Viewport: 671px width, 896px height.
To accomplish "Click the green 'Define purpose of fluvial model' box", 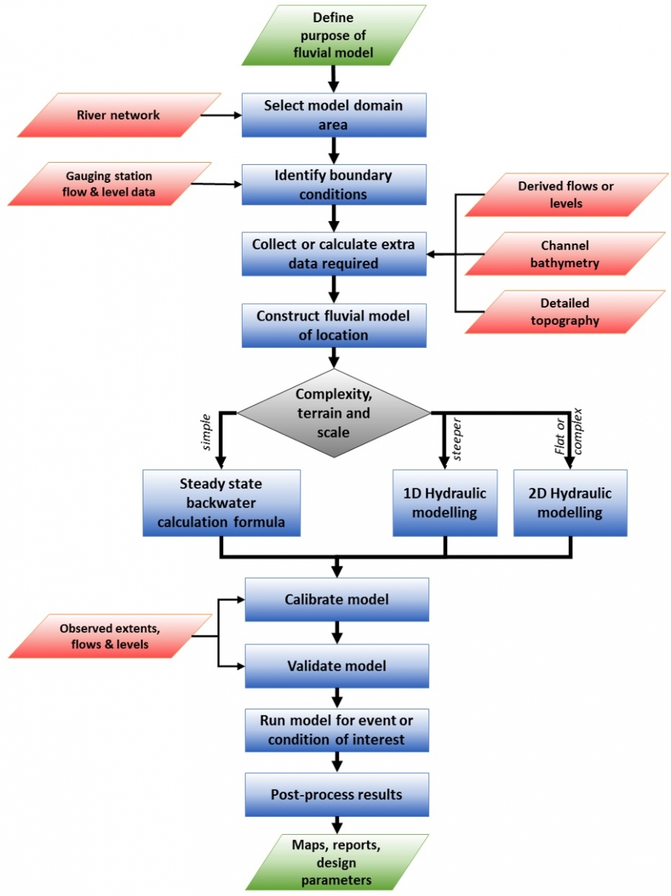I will (334, 35).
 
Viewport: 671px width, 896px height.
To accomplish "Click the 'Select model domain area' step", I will (334, 115).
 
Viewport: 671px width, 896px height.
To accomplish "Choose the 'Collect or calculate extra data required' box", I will (334, 254).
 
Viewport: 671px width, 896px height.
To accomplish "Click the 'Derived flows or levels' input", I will (565, 194).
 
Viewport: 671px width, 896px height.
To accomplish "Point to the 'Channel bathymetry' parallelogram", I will (565, 254).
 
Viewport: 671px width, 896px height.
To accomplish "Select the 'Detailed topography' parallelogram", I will (565, 312).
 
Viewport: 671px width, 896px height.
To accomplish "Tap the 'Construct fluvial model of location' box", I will (334, 326).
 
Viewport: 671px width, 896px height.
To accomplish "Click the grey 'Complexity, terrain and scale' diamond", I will (333, 413).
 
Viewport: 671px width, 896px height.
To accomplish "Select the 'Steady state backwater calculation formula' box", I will (221, 503).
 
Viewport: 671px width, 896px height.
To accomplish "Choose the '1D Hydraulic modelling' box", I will (445, 503).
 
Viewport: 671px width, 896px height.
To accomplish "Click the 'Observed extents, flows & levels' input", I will (114, 636).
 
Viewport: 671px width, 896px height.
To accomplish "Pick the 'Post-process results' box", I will (337, 794).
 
